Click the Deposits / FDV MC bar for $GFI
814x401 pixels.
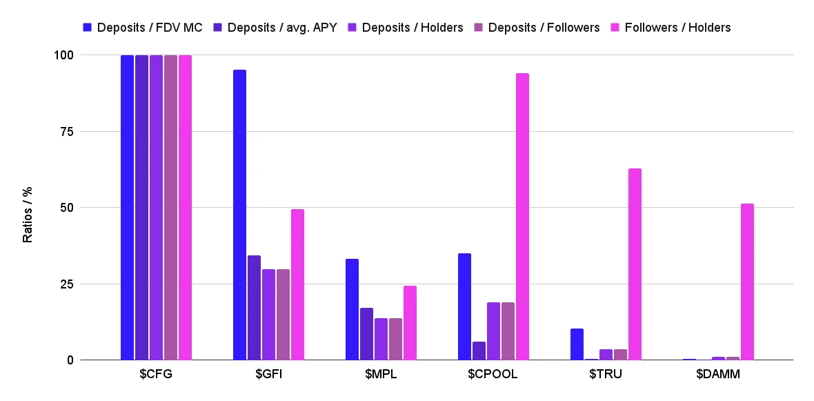coord(239,215)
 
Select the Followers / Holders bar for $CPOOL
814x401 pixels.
coord(522,217)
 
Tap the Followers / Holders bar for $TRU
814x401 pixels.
coord(635,264)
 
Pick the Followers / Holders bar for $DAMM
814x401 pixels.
coord(747,282)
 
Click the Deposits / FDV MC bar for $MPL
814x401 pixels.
coord(352,309)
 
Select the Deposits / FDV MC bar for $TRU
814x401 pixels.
coord(577,344)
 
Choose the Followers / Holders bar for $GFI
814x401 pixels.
coord(297,284)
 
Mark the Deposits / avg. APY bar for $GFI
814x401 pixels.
coord(254,308)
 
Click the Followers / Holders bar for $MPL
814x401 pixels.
coord(410,323)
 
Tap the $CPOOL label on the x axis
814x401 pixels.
coord(493,375)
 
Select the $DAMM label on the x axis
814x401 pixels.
coord(718,375)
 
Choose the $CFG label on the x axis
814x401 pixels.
coord(156,375)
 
